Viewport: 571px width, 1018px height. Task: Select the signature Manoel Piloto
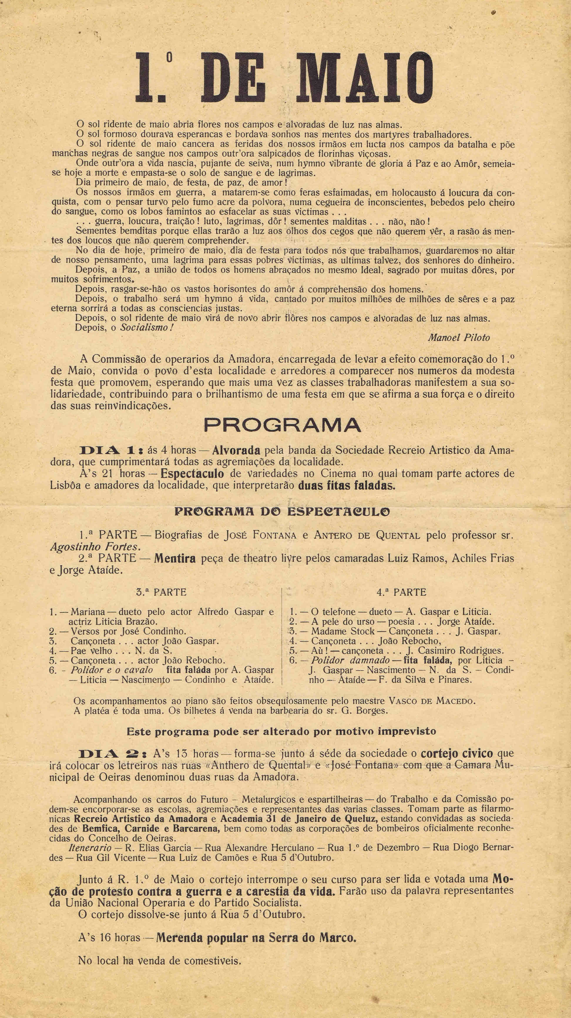coord(458,337)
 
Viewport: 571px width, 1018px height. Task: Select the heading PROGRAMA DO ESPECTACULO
coord(282,512)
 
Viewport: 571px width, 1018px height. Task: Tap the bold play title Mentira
coord(175,559)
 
